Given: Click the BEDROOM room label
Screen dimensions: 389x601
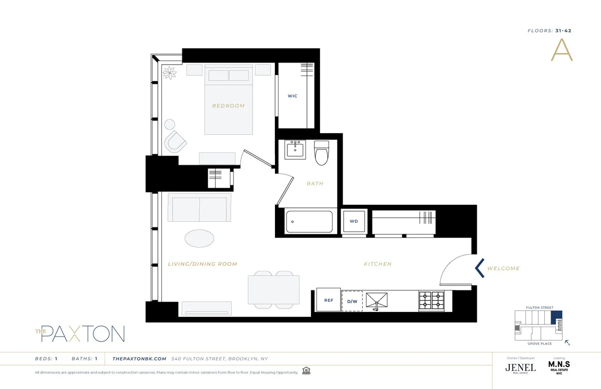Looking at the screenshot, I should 228,106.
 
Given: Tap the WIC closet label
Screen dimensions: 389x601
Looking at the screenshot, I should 292,96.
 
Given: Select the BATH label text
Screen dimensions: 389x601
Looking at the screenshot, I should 315,183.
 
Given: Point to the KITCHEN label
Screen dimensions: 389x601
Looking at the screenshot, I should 378,264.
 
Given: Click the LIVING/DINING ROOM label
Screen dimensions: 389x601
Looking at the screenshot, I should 202,264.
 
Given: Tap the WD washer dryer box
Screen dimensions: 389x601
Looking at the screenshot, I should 354,221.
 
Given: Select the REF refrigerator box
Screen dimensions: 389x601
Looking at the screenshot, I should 329,300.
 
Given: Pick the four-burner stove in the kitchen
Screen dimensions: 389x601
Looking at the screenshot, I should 431,300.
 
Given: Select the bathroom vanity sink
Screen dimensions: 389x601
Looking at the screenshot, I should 295,149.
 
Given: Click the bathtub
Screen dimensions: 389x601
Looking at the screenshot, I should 309,221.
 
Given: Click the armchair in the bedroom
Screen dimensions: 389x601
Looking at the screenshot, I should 175,142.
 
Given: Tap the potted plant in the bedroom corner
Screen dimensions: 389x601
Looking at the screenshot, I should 170,73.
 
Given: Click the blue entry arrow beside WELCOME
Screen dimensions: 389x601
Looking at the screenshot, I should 479,268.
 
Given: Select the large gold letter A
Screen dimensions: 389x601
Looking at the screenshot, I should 561,50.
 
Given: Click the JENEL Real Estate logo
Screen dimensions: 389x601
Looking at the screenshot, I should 520,367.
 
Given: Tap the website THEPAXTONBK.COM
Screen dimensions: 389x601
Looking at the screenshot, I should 139,358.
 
